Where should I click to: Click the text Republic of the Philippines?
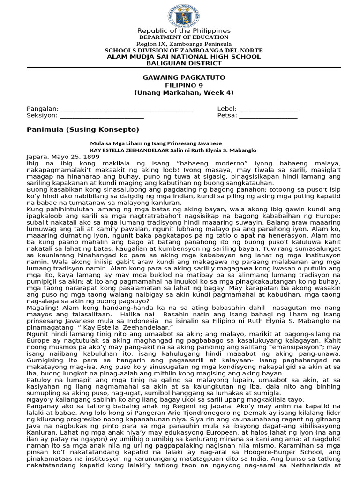(184, 30)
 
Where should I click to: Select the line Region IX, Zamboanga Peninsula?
(184, 44)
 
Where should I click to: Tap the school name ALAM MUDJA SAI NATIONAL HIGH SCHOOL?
(184, 57)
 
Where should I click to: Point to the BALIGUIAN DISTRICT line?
(184, 63)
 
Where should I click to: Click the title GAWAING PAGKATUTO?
(184, 77)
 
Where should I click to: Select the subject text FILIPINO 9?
(184, 85)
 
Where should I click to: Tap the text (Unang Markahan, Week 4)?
(184, 92)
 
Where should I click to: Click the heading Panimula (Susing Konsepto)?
(83, 129)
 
